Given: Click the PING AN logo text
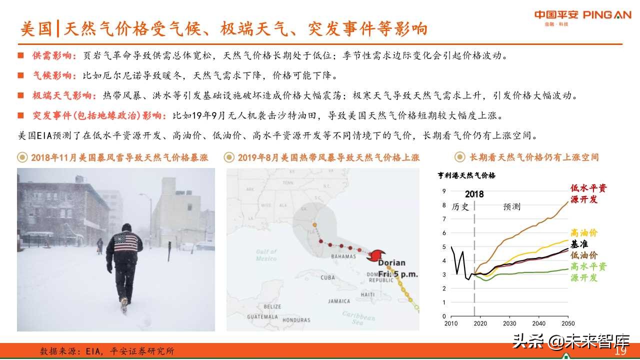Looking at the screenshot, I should [606, 15].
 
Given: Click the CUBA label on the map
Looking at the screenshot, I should [327, 277].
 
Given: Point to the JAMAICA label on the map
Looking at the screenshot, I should [339, 301].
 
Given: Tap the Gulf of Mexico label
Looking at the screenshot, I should [266, 255].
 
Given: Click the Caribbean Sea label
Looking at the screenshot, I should [358, 318].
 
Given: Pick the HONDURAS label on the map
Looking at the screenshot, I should [296, 320].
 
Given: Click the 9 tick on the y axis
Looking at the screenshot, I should [444, 191].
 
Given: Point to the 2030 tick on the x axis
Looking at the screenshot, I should [509, 324].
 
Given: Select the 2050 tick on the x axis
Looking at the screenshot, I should [567, 324].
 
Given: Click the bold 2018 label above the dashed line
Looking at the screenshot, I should [474, 194].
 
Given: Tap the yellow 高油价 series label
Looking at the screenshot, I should [583, 233].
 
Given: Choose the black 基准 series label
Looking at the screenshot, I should [579, 244].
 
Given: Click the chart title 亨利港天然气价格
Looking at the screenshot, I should [466, 175].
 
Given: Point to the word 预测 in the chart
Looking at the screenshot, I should [511, 206].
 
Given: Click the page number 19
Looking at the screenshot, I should [620, 351].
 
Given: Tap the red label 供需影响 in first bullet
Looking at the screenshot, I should [54, 55].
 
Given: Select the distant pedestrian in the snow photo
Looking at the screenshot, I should [100, 245].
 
